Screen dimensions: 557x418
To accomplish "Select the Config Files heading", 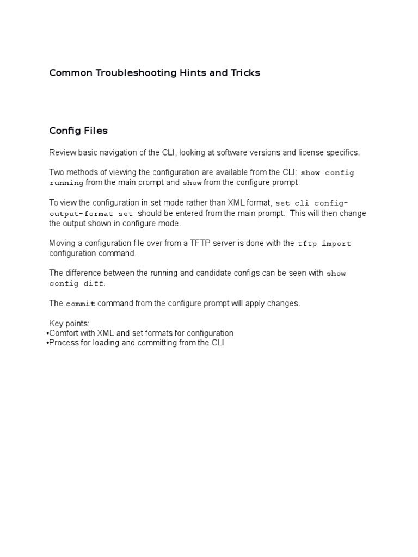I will click(x=78, y=131).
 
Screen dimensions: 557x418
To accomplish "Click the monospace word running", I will click(x=66, y=183).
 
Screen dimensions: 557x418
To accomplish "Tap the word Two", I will click(x=57, y=172).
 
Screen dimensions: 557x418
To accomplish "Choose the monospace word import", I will click(x=336, y=244).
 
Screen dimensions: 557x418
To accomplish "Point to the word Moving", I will click(x=62, y=243).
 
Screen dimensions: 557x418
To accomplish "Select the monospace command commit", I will click(x=81, y=304).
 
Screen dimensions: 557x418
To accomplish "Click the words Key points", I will click(x=69, y=324).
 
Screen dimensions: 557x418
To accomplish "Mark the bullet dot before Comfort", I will click(x=47, y=333).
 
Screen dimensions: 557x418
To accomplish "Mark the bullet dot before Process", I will click(x=47, y=343).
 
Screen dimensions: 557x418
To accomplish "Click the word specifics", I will click(x=342, y=153).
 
